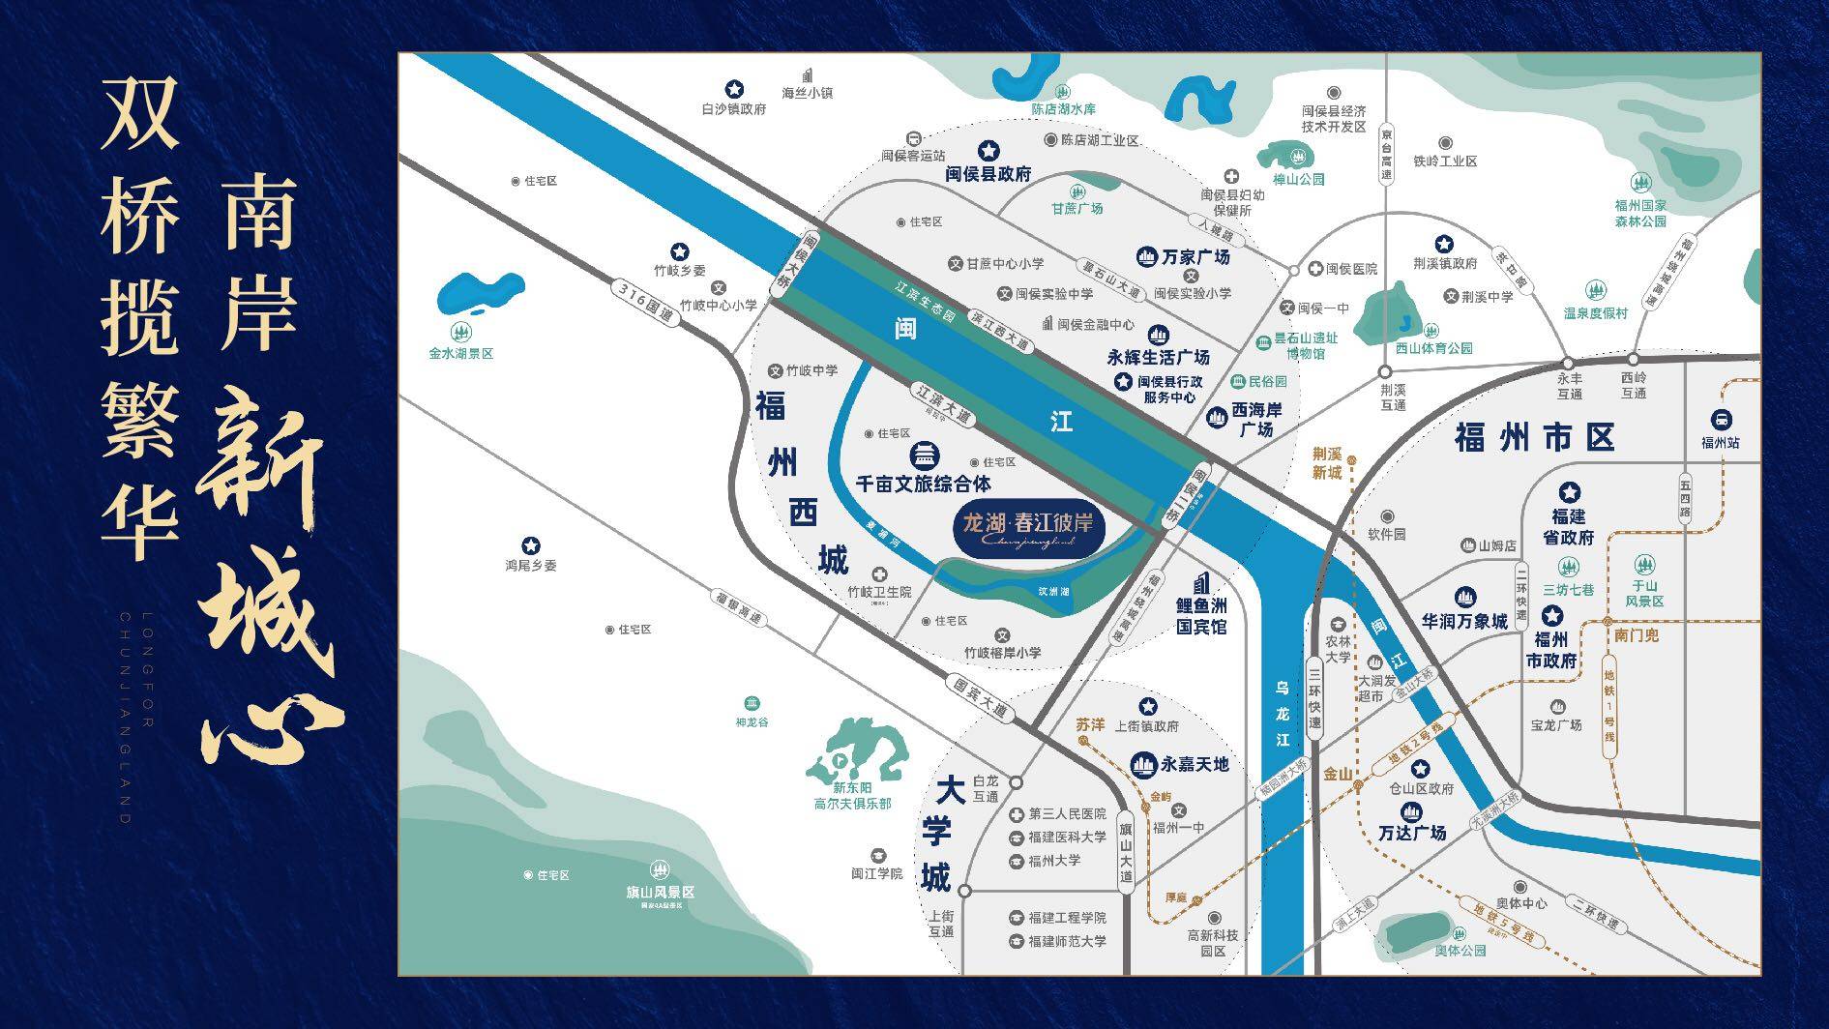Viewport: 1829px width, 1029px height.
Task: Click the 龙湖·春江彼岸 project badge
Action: point(1028,528)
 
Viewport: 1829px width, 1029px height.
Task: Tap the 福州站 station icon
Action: point(1721,421)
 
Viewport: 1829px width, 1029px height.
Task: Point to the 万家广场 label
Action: point(1195,257)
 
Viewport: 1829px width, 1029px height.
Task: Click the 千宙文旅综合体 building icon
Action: point(926,455)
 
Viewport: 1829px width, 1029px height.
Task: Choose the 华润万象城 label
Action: point(1464,621)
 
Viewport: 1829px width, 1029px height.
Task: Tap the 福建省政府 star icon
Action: point(1569,492)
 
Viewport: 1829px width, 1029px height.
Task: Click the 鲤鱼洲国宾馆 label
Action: point(1201,616)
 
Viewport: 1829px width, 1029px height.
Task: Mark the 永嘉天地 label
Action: point(1195,764)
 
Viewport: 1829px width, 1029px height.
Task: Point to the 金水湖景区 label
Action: point(461,354)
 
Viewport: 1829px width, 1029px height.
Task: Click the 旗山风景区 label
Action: point(660,893)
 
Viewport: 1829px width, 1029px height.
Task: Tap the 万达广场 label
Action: point(1412,833)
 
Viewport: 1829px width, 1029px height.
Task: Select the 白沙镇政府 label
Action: point(734,109)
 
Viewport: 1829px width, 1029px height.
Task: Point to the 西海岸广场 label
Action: point(1256,419)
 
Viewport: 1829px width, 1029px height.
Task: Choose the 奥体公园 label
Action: point(1460,951)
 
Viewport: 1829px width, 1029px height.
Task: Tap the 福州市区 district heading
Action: point(1535,437)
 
